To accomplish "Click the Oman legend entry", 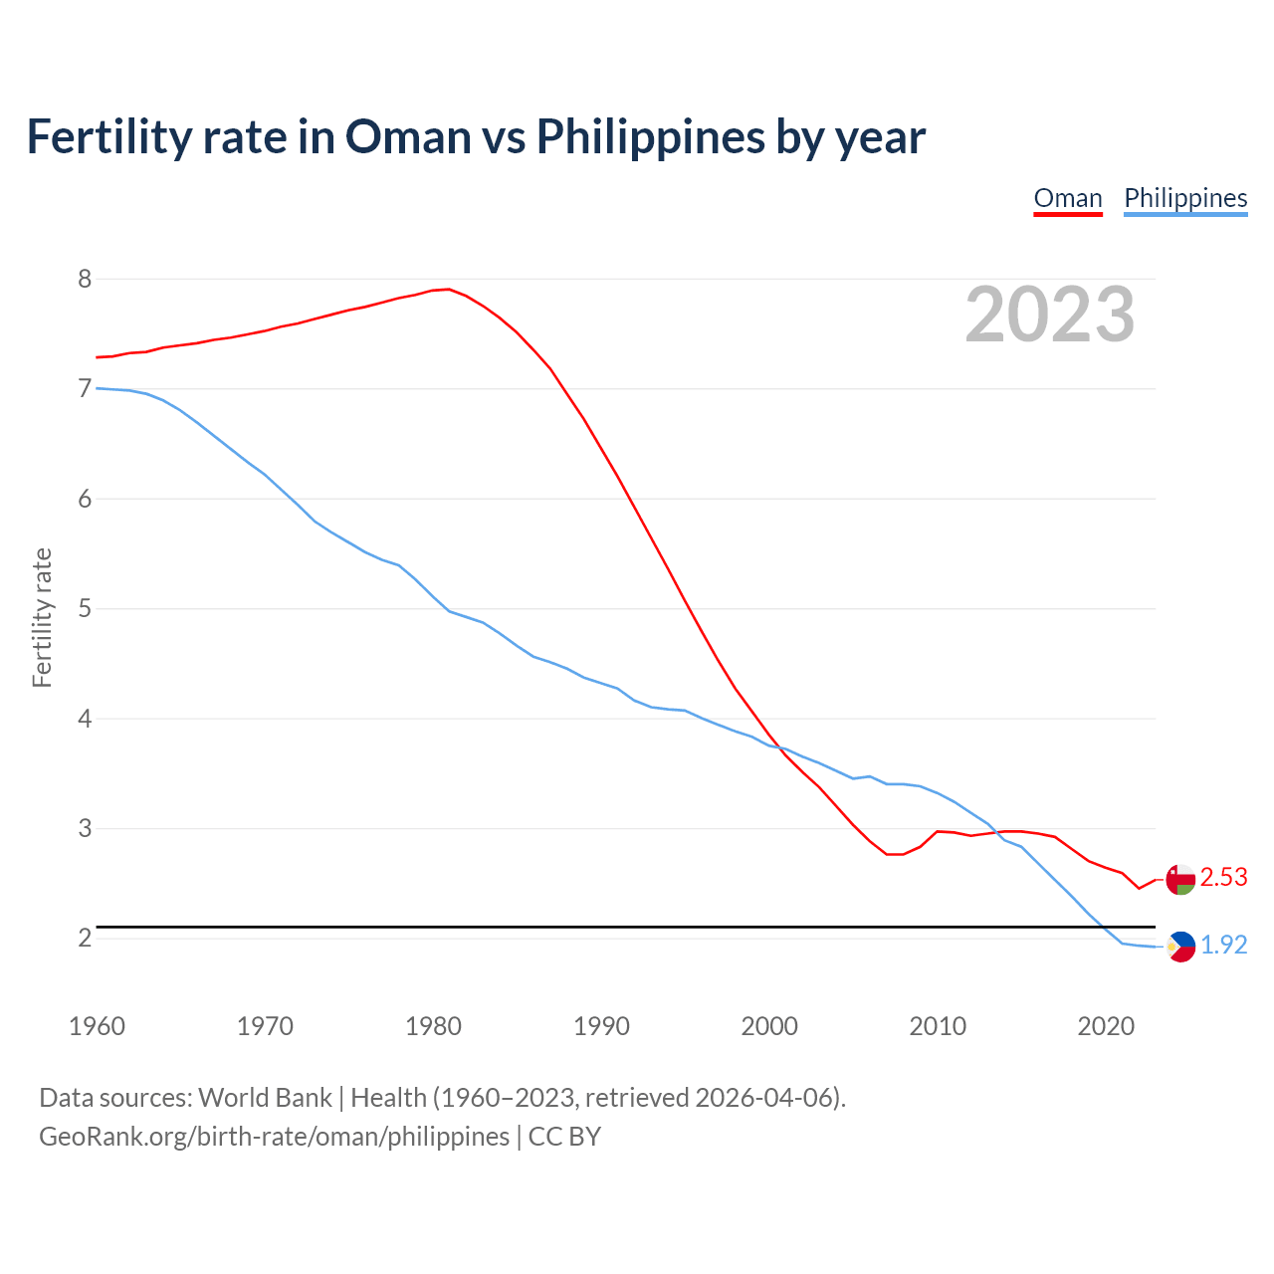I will pos(1068,198).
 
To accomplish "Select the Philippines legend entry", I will pos(1185,198).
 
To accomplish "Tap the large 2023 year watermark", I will pos(1050,315).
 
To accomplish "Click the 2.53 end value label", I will pos(1223,877).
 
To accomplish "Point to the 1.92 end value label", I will pos(1223,945).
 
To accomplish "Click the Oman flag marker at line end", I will pos(1180,880).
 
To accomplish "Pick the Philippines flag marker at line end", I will pos(1180,947).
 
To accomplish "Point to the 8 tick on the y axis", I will pos(85,279).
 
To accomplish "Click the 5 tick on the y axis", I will pos(85,608).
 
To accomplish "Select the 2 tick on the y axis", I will pos(85,938).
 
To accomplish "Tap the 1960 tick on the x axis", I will pos(97,1026).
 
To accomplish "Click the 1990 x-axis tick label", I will pos(601,1026).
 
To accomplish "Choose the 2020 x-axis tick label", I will pos(1106,1026).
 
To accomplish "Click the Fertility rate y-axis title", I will pos(42,617).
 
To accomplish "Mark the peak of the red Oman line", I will pos(449,290).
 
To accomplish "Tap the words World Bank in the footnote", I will pos(265,1098).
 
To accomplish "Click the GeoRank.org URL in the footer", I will pos(274,1137).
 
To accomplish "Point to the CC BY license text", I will pos(564,1137).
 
